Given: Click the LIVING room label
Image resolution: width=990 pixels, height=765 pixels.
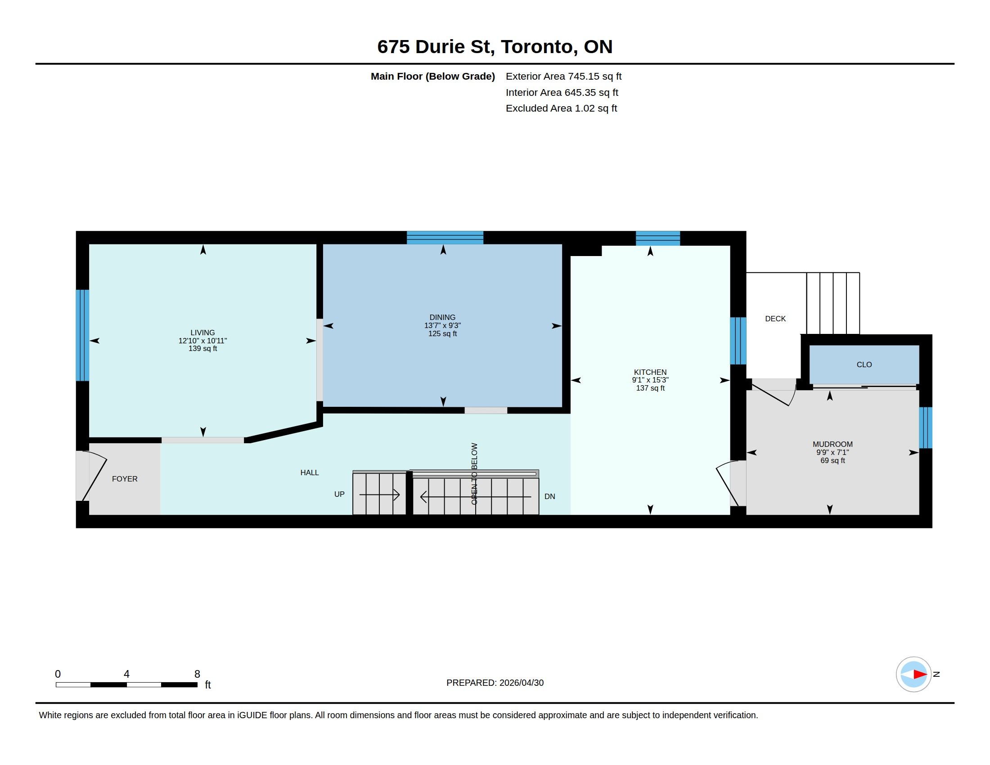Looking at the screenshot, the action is pyautogui.click(x=202, y=333).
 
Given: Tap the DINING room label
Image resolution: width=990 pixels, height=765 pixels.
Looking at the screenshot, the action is pyautogui.click(x=442, y=317).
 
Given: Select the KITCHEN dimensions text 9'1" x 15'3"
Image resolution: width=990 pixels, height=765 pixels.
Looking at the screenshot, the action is pyautogui.click(x=650, y=380).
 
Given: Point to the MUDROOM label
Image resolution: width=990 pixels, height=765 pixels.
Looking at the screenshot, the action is pyautogui.click(x=832, y=444).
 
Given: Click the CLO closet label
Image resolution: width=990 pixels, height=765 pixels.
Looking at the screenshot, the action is pyautogui.click(x=864, y=364).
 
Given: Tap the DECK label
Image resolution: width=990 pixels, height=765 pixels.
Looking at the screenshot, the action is pyautogui.click(x=775, y=319).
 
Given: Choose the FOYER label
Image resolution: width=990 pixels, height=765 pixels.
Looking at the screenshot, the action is pyautogui.click(x=125, y=479).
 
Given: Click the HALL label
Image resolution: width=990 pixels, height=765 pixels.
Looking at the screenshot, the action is pyautogui.click(x=310, y=472).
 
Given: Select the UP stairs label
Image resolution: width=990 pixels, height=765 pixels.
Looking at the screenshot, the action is pyautogui.click(x=339, y=494).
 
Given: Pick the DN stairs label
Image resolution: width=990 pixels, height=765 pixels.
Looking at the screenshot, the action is pyautogui.click(x=549, y=496).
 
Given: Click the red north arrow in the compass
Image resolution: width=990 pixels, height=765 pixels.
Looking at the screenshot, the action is pyautogui.click(x=920, y=675).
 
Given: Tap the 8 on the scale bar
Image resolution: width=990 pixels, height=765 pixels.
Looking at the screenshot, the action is pyautogui.click(x=197, y=674).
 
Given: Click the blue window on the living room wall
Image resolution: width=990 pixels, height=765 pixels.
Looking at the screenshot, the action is pyautogui.click(x=82, y=335).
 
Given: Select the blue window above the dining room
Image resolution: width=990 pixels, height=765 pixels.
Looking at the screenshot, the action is pyautogui.click(x=445, y=238).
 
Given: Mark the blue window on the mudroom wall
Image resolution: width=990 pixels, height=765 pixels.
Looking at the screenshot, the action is pyautogui.click(x=925, y=428).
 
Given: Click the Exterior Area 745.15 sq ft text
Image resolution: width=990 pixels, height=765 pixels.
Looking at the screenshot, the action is pyautogui.click(x=563, y=76).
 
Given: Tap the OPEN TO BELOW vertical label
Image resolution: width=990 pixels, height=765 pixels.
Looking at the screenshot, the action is pyautogui.click(x=475, y=473).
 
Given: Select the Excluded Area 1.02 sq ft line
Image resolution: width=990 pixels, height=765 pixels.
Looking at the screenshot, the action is pyautogui.click(x=561, y=108).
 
